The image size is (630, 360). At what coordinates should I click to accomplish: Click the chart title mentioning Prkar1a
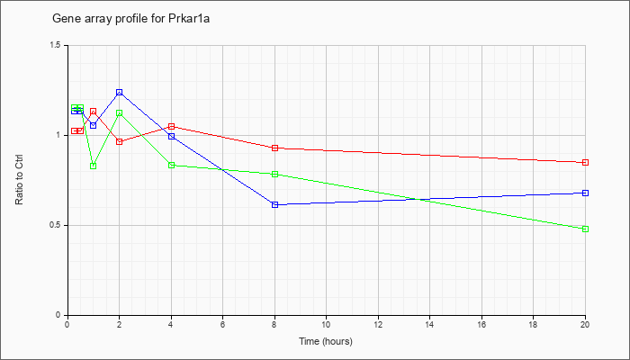(131, 19)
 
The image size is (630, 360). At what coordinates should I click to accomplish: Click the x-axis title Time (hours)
(326, 341)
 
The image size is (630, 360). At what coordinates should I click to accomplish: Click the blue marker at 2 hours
(120, 93)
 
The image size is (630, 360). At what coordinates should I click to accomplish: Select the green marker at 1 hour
(94, 166)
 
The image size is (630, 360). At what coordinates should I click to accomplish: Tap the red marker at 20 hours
(585, 162)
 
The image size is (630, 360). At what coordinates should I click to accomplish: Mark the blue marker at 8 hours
(274, 205)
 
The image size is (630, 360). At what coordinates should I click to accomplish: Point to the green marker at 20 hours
(585, 229)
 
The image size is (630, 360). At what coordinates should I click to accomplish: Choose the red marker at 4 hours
(172, 127)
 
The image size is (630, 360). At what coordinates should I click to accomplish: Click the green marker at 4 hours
(172, 165)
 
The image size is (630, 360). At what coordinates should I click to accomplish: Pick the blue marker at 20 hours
(585, 193)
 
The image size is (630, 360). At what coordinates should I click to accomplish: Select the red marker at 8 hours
(274, 148)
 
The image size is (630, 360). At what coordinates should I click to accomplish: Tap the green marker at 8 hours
(274, 174)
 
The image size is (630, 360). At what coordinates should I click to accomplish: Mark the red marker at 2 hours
(120, 141)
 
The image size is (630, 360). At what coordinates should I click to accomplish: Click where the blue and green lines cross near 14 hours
(421, 199)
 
